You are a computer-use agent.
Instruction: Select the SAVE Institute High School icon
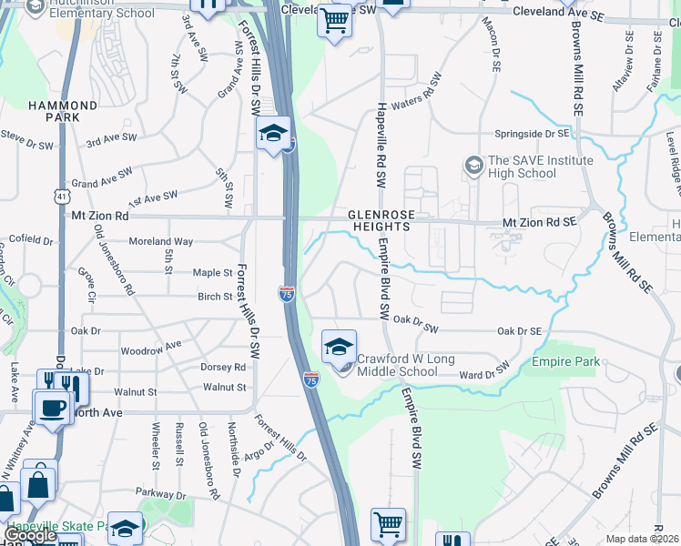[x=473, y=166]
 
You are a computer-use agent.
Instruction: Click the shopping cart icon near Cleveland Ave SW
[x=335, y=20]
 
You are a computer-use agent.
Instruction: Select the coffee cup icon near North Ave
[x=52, y=407]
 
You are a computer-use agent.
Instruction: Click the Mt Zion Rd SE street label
[x=541, y=221]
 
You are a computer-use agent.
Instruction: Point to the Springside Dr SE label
[x=531, y=134]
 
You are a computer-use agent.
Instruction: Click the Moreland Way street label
[x=160, y=242]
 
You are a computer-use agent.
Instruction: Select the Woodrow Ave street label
[x=151, y=349]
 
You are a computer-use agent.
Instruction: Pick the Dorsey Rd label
[x=223, y=368]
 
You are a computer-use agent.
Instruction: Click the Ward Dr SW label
[x=483, y=374]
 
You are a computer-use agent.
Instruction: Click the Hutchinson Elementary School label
[x=100, y=13]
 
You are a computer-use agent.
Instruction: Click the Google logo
[x=30, y=535]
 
